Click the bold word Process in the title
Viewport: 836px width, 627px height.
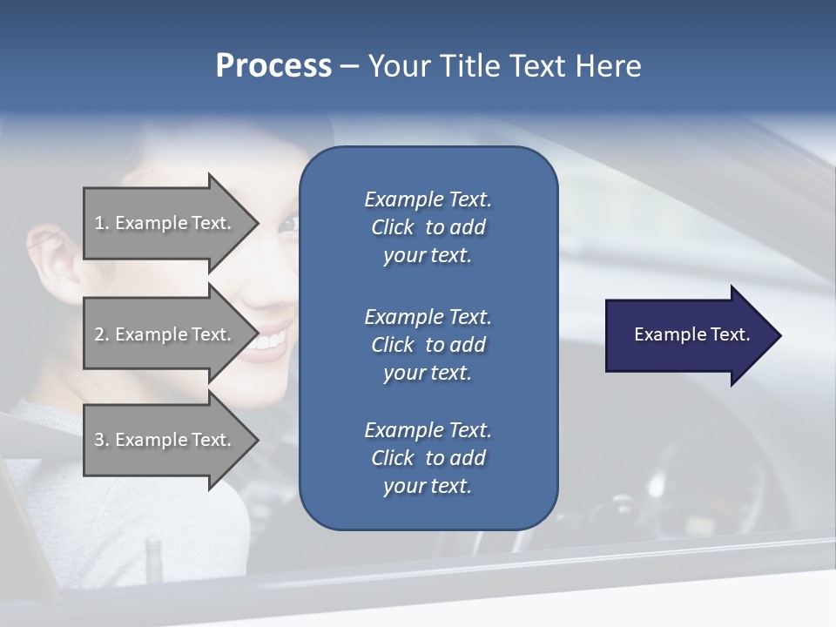point(273,66)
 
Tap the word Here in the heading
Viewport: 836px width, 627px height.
point(608,66)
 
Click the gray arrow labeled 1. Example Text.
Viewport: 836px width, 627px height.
point(165,223)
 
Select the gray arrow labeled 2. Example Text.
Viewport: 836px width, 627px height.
point(165,334)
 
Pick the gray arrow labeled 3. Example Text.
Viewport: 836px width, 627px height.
point(165,440)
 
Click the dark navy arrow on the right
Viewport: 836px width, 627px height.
point(688,335)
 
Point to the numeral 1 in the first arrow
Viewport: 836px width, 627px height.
point(100,223)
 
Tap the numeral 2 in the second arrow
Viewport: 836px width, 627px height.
point(100,334)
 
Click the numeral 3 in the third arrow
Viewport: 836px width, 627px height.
point(100,440)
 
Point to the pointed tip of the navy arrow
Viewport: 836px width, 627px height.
point(779,335)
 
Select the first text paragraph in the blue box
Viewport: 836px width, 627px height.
point(428,227)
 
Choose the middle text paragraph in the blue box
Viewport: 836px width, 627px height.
point(428,344)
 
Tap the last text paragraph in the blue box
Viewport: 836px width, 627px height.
point(428,458)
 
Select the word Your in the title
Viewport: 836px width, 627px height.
point(396,66)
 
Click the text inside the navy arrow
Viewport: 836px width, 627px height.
point(691,334)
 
